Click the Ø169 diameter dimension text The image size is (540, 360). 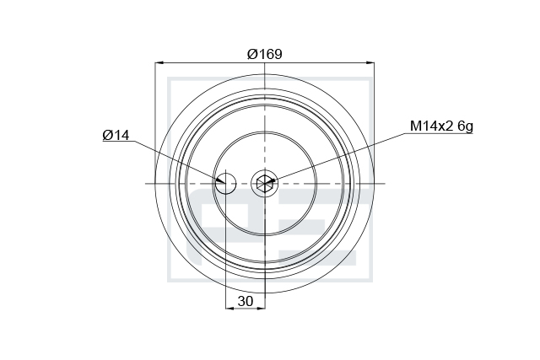264,54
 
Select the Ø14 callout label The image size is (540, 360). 116,135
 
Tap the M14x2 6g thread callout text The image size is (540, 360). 441,126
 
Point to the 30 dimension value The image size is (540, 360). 246,301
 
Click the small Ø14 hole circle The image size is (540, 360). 226,184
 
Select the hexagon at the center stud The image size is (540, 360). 265,184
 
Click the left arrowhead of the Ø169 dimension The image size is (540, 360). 159,63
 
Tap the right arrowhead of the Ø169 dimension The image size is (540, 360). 370,63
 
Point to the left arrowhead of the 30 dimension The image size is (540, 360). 229,308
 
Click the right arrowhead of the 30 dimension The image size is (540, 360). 261,308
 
